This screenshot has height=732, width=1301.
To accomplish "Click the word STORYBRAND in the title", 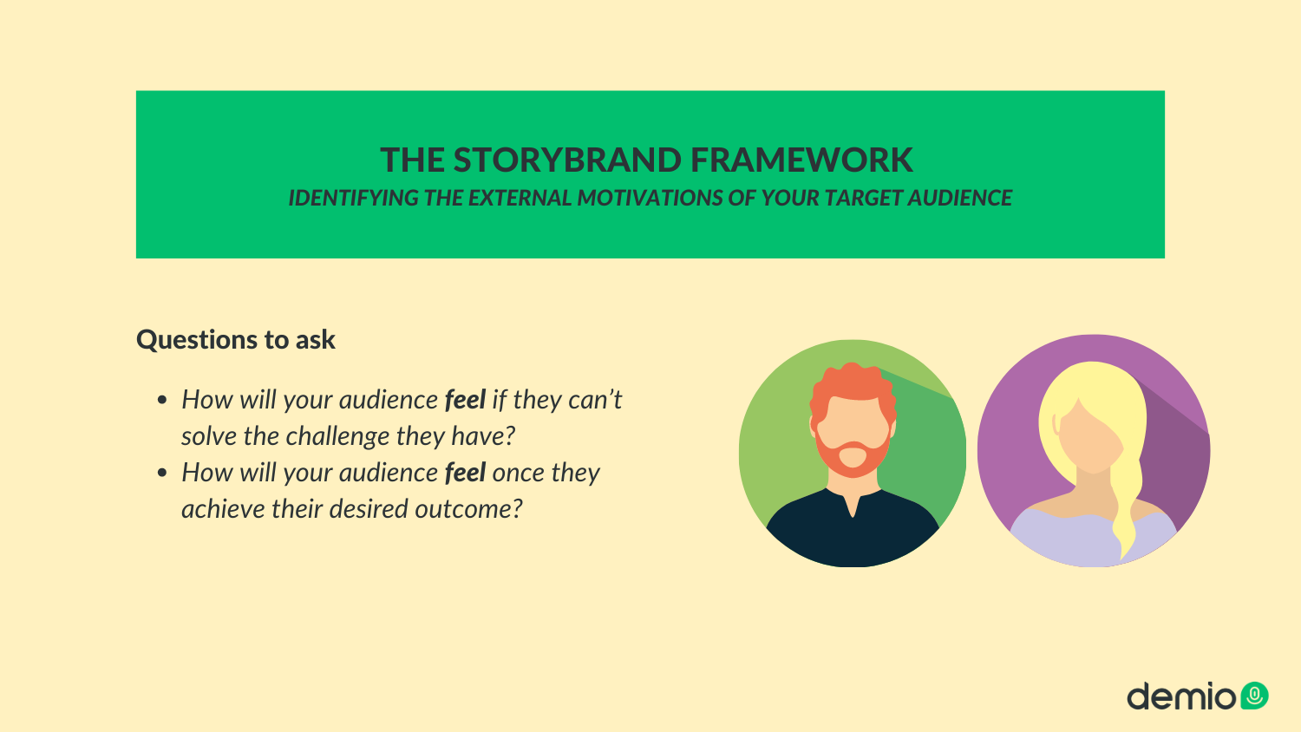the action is pyautogui.click(x=567, y=160).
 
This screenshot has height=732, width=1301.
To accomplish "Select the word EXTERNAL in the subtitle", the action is pyautogui.click(x=520, y=198).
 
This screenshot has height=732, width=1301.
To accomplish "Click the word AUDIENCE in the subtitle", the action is pyautogui.click(x=960, y=198).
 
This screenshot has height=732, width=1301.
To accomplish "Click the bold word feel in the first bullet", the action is pyautogui.click(x=465, y=400).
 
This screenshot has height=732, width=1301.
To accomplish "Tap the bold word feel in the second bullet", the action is pyautogui.click(x=465, y=473).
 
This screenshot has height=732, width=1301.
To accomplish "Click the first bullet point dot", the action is pyautogui.click(x=162, y=401).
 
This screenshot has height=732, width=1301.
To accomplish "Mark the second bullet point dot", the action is pyautogui.click(x=162, y=473).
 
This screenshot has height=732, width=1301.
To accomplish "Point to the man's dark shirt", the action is pyautogui.click(x=852, y=532).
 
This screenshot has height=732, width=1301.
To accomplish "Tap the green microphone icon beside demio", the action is pyautogui.click(x=1254, y=696).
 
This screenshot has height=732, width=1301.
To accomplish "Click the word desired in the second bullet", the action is pyautogui.click(x=369, y=509).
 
